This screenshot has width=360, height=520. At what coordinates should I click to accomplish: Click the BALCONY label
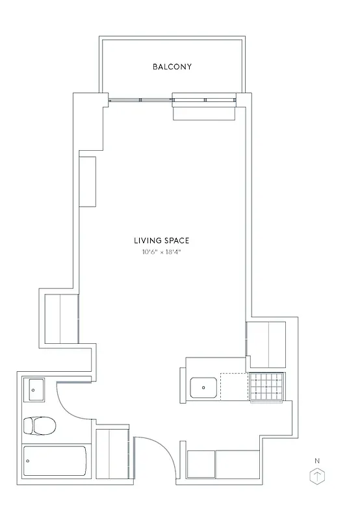(172, 66)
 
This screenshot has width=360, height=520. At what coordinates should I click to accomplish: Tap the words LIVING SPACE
(162, 240)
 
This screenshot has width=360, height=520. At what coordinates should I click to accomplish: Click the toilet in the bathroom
(39, 426)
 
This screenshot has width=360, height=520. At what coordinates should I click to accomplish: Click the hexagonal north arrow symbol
(317, 477)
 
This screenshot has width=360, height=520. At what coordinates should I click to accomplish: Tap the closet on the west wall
(60, 318)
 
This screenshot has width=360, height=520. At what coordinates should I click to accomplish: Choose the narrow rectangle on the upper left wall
(87, 181)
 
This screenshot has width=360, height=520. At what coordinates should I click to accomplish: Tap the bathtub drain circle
(27, 461)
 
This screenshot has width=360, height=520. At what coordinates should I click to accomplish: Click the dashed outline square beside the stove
(234, 386)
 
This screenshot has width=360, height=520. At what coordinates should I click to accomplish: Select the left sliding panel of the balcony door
(140, 99)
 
